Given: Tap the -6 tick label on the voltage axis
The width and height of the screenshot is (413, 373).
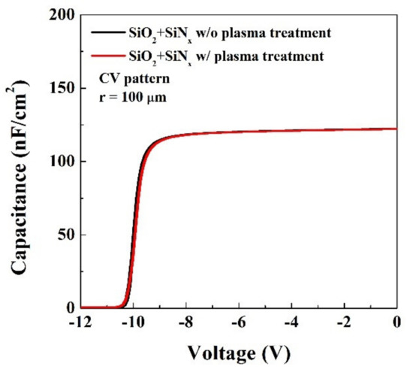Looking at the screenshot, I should click(240, 323).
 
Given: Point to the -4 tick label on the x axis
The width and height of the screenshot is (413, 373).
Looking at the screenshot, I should click(292, 323).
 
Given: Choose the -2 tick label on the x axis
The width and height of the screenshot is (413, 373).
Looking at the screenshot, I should click(345, 323).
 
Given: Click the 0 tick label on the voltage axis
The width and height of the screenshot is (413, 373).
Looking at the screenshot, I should click(396, 323).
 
